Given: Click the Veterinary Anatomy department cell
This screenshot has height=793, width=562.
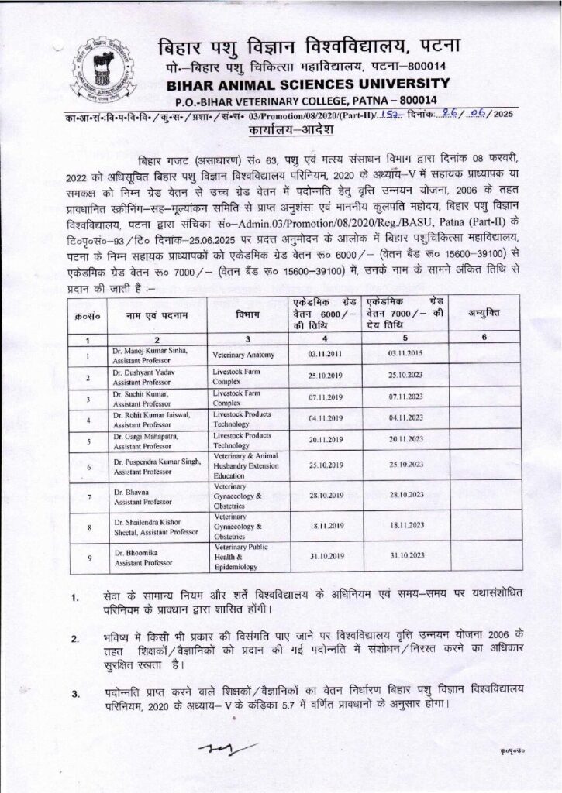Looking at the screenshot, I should [244, 357].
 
